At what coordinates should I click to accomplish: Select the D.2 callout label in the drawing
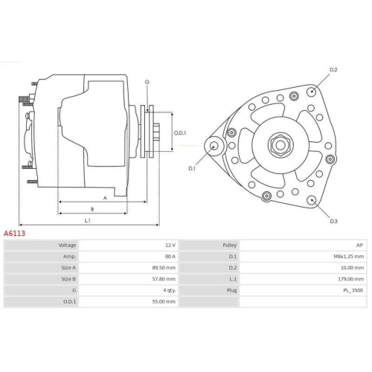333,70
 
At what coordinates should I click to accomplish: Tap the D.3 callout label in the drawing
333,221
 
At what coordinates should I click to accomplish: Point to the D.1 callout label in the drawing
192,169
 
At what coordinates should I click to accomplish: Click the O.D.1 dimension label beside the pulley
179,133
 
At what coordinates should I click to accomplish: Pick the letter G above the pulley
147,81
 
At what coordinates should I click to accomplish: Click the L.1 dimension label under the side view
87,220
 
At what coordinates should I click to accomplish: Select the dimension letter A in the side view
105,198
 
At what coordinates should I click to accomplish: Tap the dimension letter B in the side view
91,209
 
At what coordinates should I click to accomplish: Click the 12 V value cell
170,245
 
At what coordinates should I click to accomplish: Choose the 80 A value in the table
170,256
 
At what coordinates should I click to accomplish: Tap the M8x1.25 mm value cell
349,256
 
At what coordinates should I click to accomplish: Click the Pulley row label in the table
229,245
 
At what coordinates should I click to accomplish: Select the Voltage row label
67,245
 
